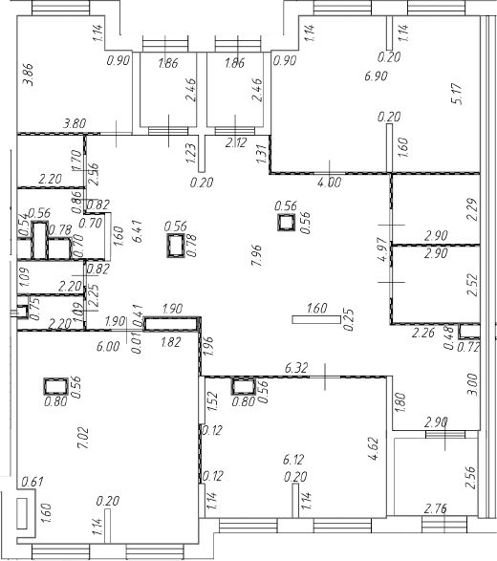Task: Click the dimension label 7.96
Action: pyautogui.click(x=257, y=255)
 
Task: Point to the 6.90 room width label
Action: pyautogui.click(x=376, y=76)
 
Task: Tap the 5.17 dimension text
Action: pyautogui.click(x=457, y=94)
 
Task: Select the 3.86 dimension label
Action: pyautogui.click(x=28, y=75)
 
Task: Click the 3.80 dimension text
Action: pyautogui.click(x=75, y=124)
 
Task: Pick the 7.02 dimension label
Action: pyautogui.click(x=84, y=439)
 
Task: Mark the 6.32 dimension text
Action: pyautogui.click(x=296, y=368)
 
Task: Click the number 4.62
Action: pyautogui.click(x=373, y=447)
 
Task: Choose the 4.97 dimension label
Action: pyautogui.click(x=382, y=249)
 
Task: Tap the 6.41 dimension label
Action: pyautogui.click(x=137, y=231)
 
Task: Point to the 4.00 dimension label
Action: pyautogui.click(x=329, y=183)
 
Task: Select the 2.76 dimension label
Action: pyautogui.click(x=435, y=508)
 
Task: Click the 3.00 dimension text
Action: pyautogui.click(x=472, y=384)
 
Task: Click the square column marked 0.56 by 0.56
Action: pyautogui.click(x=286, y=223)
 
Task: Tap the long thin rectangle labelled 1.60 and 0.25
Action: pyautogui.click(x=316, y=319)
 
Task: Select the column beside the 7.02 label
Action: pyautogui.click(x=55, y=386)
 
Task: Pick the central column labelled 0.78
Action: pyautogui.click(x=175, y=246)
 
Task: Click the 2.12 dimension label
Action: pyautogui.click(x=236, y=142)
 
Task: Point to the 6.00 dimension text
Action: pyautogui.click(x=108, y=346)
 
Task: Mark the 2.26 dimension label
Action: pyautogui.click(x=423, y=333)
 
